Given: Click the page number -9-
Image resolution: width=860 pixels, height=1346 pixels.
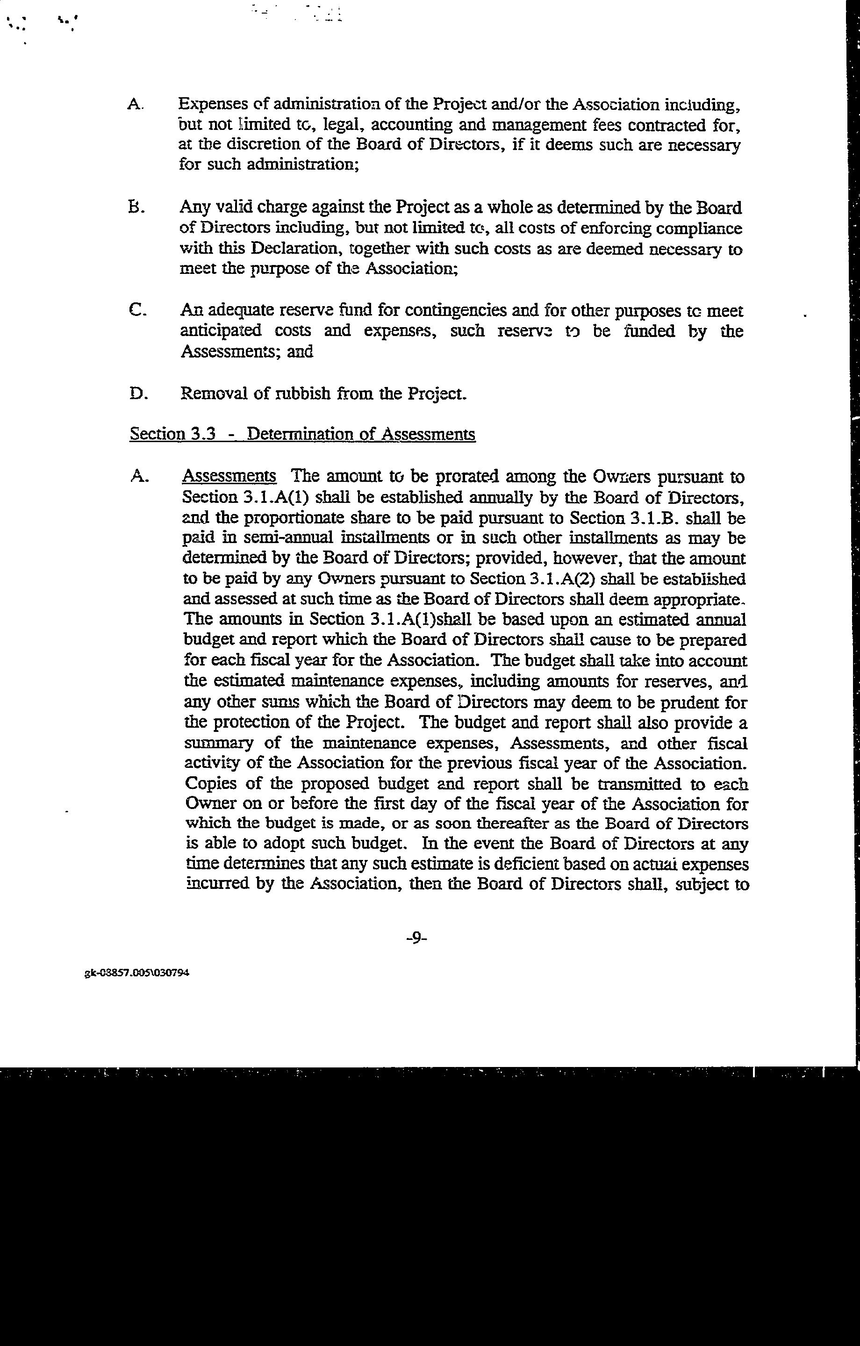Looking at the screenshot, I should (416, 938).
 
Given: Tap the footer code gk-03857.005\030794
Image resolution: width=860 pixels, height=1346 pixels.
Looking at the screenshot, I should (137, 973).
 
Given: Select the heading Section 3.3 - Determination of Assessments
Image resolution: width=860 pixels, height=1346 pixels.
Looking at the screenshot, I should (302, 434).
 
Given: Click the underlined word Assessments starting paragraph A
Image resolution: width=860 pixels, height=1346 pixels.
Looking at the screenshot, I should (229, 476).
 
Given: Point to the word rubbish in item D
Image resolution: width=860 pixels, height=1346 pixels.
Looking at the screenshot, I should (303, 394).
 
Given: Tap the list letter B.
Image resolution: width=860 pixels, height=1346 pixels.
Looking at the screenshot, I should (136, 208).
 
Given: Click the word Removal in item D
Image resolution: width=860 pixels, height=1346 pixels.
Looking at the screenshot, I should (214, 394).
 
